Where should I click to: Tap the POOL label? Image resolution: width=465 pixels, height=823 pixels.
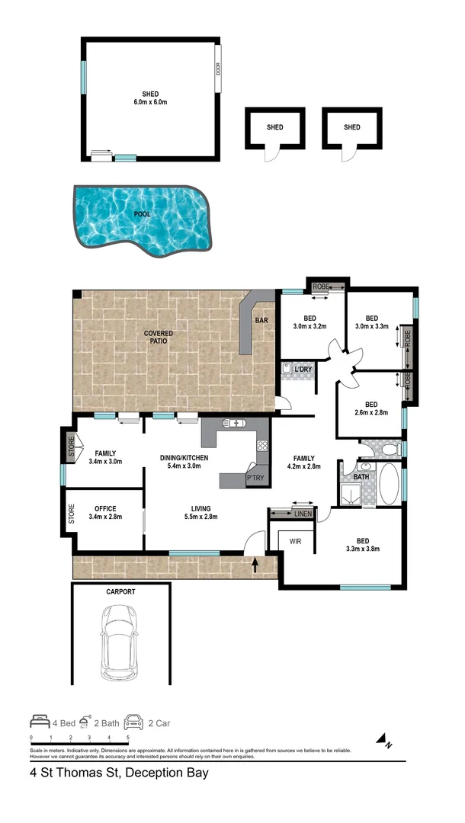142,214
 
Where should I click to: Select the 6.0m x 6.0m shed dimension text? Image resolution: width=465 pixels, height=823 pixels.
149,101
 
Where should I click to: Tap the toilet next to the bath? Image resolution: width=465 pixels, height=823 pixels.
389,450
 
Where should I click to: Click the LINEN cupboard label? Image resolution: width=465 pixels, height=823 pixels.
303,515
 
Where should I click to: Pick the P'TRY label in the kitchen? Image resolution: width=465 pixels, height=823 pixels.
255,479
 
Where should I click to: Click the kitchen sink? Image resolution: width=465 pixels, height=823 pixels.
232,423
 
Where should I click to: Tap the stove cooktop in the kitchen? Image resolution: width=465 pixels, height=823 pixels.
262,447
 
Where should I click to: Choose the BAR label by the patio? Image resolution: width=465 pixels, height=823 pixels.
261,321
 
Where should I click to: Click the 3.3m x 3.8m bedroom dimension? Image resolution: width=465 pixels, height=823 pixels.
363,548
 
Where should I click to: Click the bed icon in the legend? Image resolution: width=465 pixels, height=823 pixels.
40,720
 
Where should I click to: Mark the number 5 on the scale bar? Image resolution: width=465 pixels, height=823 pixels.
128,738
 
